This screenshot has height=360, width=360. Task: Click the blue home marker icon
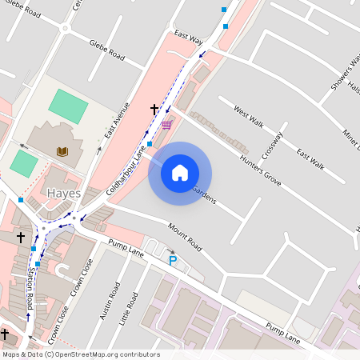click(x=180, y=173)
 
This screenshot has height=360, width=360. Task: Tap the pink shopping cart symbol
click(x=166, y=125)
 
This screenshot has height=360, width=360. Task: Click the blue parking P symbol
click(x=171, y=260)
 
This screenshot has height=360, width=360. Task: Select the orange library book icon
click(x=62, y=150)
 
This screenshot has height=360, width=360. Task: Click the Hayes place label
click(x=64, y=194)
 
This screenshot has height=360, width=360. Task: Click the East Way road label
click(x=189, y=38)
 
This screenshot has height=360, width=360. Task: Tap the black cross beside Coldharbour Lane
click(x=154, y=108)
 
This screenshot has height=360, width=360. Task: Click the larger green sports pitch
click(x=68, y=106)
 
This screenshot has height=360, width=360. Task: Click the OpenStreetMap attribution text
click(x=81, y=354)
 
